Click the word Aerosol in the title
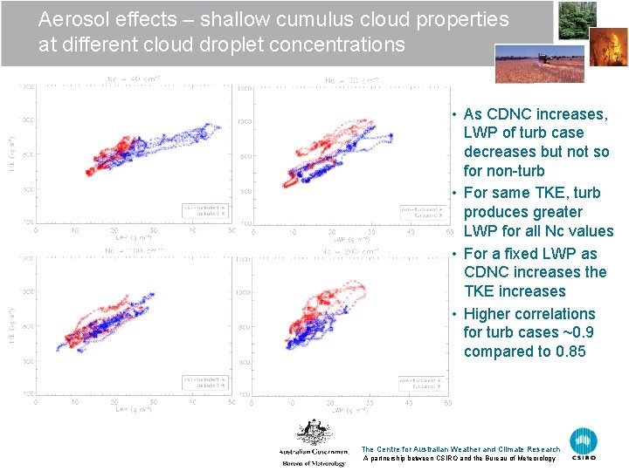tap(71, 20)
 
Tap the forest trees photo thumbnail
tap(578, 20)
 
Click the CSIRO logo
tap(584, 444)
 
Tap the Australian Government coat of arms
tap(312, 433)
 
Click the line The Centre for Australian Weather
tap(460, 449)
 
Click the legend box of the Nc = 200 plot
tap(424, 381)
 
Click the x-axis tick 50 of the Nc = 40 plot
tap(232, 231)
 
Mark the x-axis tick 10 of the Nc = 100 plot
tap(74, 403)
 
